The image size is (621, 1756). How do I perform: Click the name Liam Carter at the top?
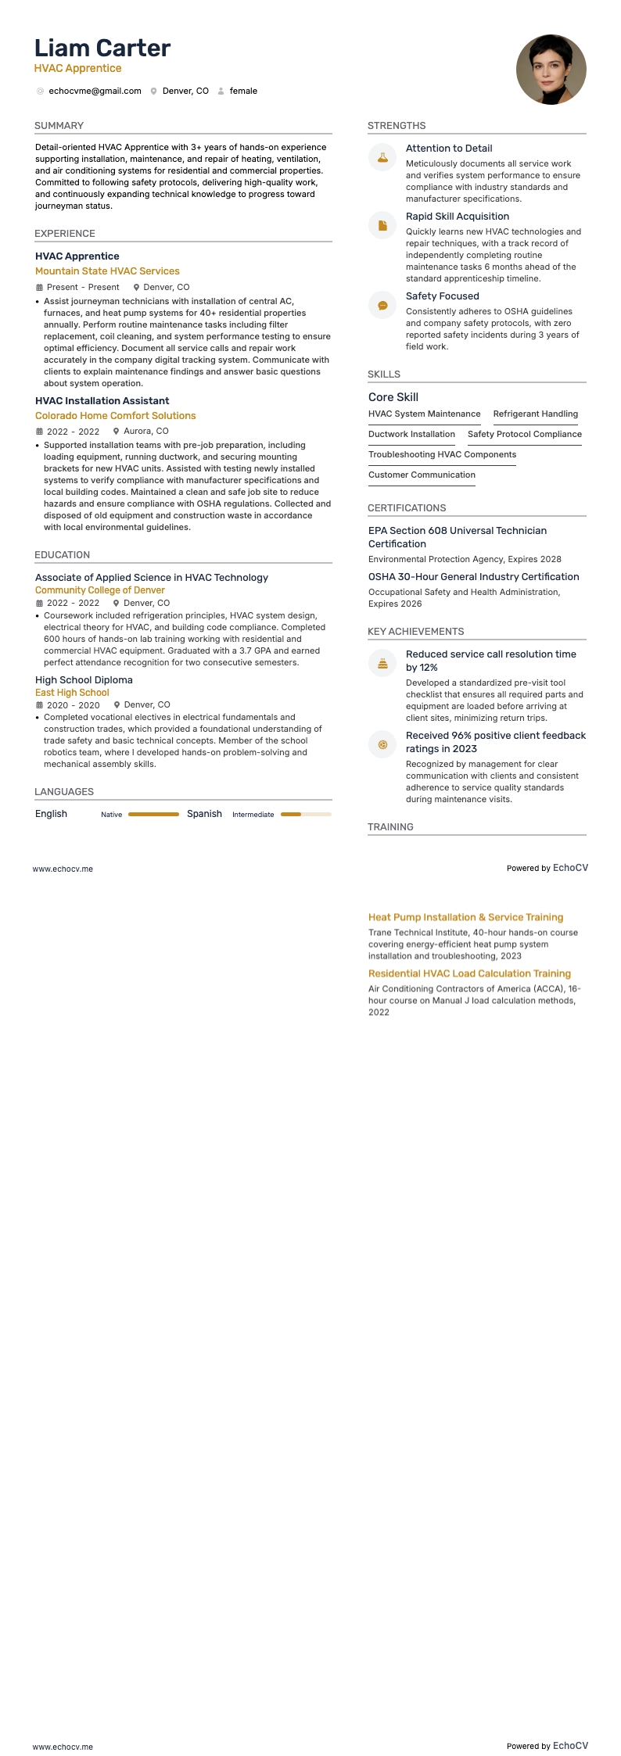tap(102, 48)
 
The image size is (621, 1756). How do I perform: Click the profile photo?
tap(551, 70)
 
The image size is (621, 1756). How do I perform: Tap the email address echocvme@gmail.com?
tap(95, 91)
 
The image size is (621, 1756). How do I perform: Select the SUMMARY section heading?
tap(59, 126)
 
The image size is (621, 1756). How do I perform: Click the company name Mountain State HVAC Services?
tap(107, 271)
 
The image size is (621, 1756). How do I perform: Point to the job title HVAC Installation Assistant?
tap(102, 401)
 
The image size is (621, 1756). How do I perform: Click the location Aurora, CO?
tap(145, 432)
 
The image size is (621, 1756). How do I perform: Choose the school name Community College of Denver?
tap(100, 590)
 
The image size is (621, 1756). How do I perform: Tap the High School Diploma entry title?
tap(84, 680)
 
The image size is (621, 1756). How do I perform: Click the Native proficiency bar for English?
tap(153, 814)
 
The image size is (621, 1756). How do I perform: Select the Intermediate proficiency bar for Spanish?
tap(306, 814)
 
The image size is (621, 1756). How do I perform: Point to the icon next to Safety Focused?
tap(382, 305)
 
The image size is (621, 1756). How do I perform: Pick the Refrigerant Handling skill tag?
tap(535, 414)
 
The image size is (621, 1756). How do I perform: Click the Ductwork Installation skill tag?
tap(411, 435)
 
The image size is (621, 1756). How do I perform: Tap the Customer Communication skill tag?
tap(422, 475)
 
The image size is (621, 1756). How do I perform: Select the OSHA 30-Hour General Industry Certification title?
tap(473, 577)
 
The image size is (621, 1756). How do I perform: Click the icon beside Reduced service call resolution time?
tap(382, 663)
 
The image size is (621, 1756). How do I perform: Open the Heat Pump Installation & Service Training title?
tap(465, 918)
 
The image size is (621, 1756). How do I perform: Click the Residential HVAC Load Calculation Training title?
tap(469, 974)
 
